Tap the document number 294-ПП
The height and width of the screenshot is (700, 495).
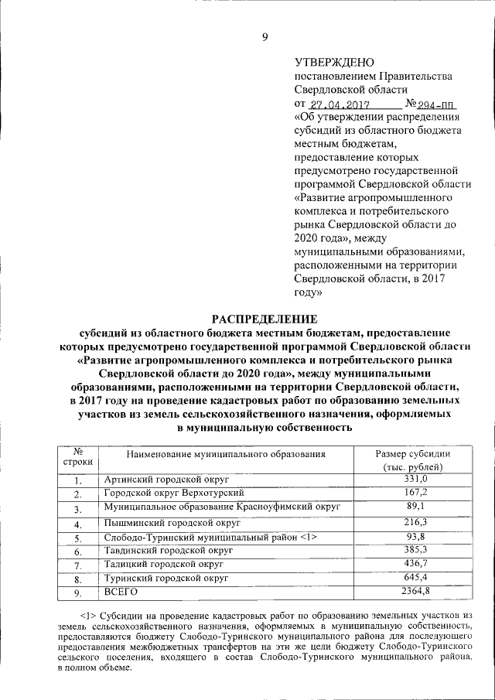pyautogui.click(x=433, y=104)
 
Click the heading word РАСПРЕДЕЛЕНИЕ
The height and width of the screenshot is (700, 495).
pyautogui.click(x=265, y=318)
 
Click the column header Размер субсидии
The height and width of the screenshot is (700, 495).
pyautogui.click(x=412, y=454)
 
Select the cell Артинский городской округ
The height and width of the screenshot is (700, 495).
pyautogui.click(x=162, y=480)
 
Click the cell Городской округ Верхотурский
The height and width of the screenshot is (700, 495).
pyautogui.click(x=174, y=493)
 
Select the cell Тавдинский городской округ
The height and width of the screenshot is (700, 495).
pyautogui.click(x=167, y=551)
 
